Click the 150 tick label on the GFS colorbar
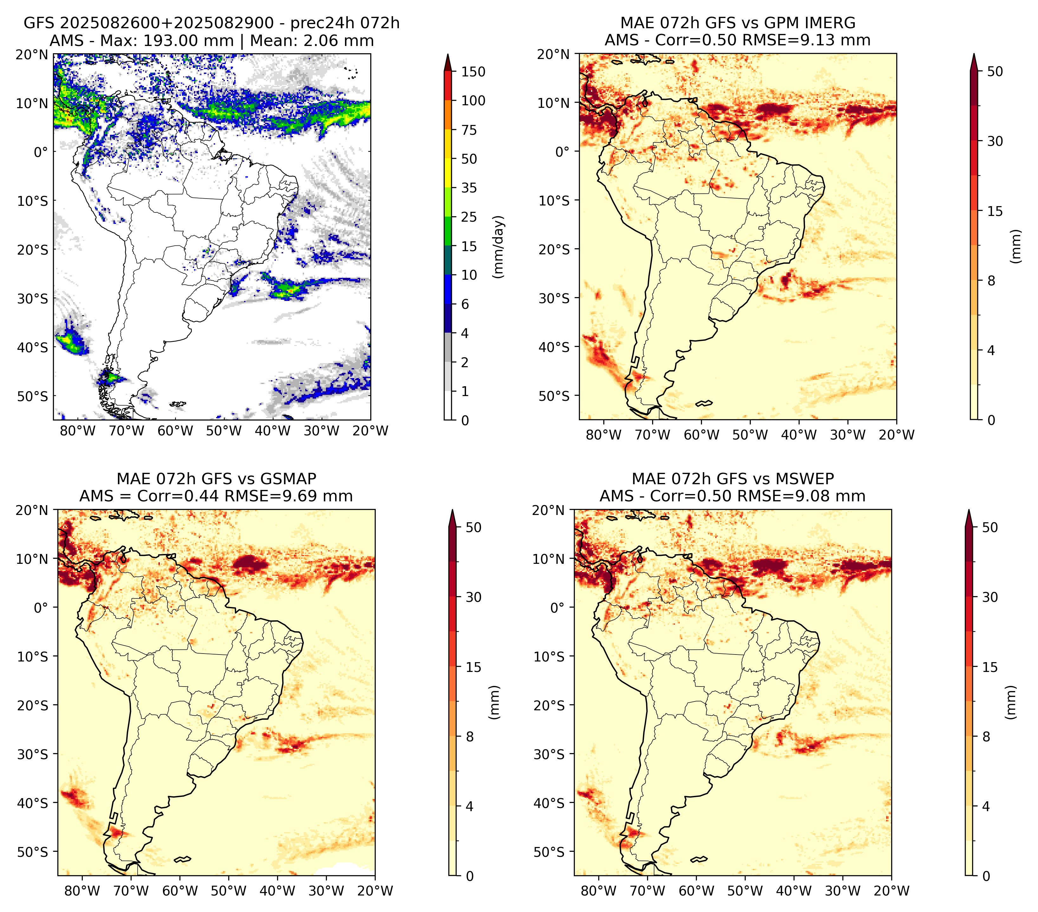point(473,72)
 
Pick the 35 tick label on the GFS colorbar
point(469,188)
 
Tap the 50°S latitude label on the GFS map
point(33,396)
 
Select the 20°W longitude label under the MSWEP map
point(892,891)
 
